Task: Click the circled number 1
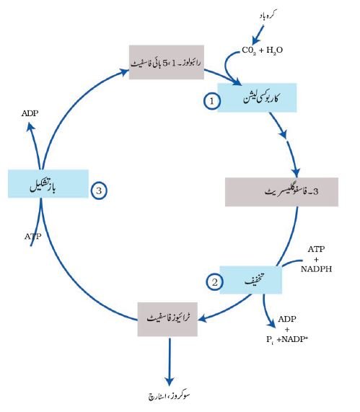[212, 100]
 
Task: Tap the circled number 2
[214, 282]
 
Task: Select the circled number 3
[99, 190]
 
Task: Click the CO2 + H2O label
[262, 50]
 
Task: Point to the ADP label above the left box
[30, 113]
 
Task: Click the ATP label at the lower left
[33, 237]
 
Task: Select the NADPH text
[316, 269]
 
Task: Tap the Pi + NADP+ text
[287, 339]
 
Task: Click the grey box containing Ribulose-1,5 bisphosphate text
[167, 62]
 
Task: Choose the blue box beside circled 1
[257, 97]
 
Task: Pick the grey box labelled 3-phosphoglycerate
[281, 192]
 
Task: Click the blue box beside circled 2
[250, 280]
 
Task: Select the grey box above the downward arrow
[167, 319]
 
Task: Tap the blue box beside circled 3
[48, 183]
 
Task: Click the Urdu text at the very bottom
[169, 396]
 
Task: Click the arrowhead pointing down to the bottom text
[170, 382]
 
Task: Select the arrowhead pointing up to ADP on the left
[31, 127]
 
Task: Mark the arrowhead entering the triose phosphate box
[203, 319]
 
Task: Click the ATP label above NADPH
[316, 249]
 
